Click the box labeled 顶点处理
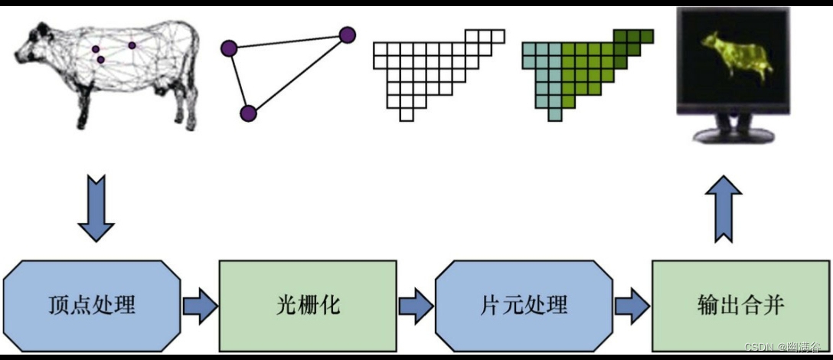click(92, 306)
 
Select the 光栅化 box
click(308, 306)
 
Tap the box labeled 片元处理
click(524, 306)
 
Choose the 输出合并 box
click(740, 306)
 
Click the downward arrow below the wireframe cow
click(96, 208)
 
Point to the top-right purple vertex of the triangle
click(347, 34)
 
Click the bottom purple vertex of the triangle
click(248, 114)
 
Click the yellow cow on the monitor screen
click(736, 57)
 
